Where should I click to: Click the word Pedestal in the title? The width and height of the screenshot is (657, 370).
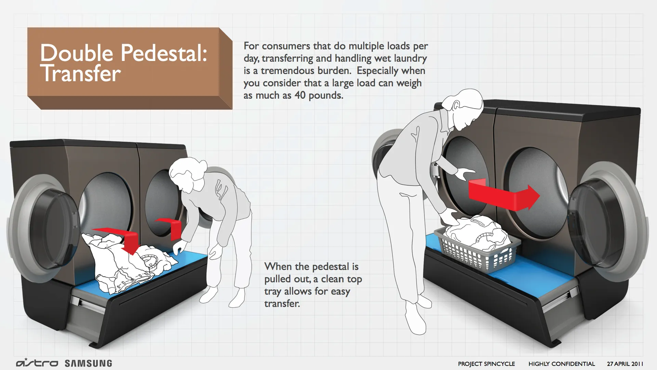164,53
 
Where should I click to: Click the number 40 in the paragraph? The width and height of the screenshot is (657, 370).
300,95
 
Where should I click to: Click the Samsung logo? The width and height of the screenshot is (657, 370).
88,363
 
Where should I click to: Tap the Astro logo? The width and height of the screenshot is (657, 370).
37,363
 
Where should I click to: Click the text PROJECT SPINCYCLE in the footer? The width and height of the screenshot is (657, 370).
486,364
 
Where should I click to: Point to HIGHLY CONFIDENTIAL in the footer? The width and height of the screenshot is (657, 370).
562,364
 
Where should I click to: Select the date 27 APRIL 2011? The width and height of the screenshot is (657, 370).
625,364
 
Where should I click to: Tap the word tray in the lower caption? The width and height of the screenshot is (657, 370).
274,292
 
